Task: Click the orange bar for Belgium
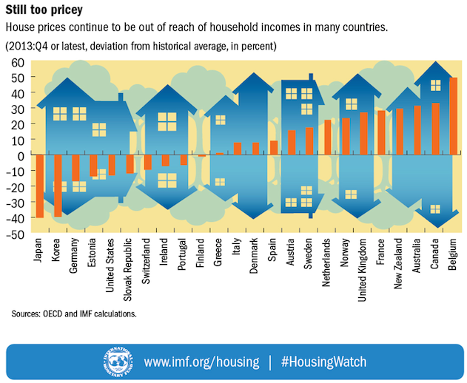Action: [454, 116]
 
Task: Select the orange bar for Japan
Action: [40, 186]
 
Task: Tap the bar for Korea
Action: [58, 186]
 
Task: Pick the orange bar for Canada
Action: [436, 129]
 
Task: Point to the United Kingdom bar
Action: [363, 133]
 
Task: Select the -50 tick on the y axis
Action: [16, 234]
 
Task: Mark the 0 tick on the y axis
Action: [21, 155]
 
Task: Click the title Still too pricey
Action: [44, 11]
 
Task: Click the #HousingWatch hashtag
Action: [324, 362]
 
